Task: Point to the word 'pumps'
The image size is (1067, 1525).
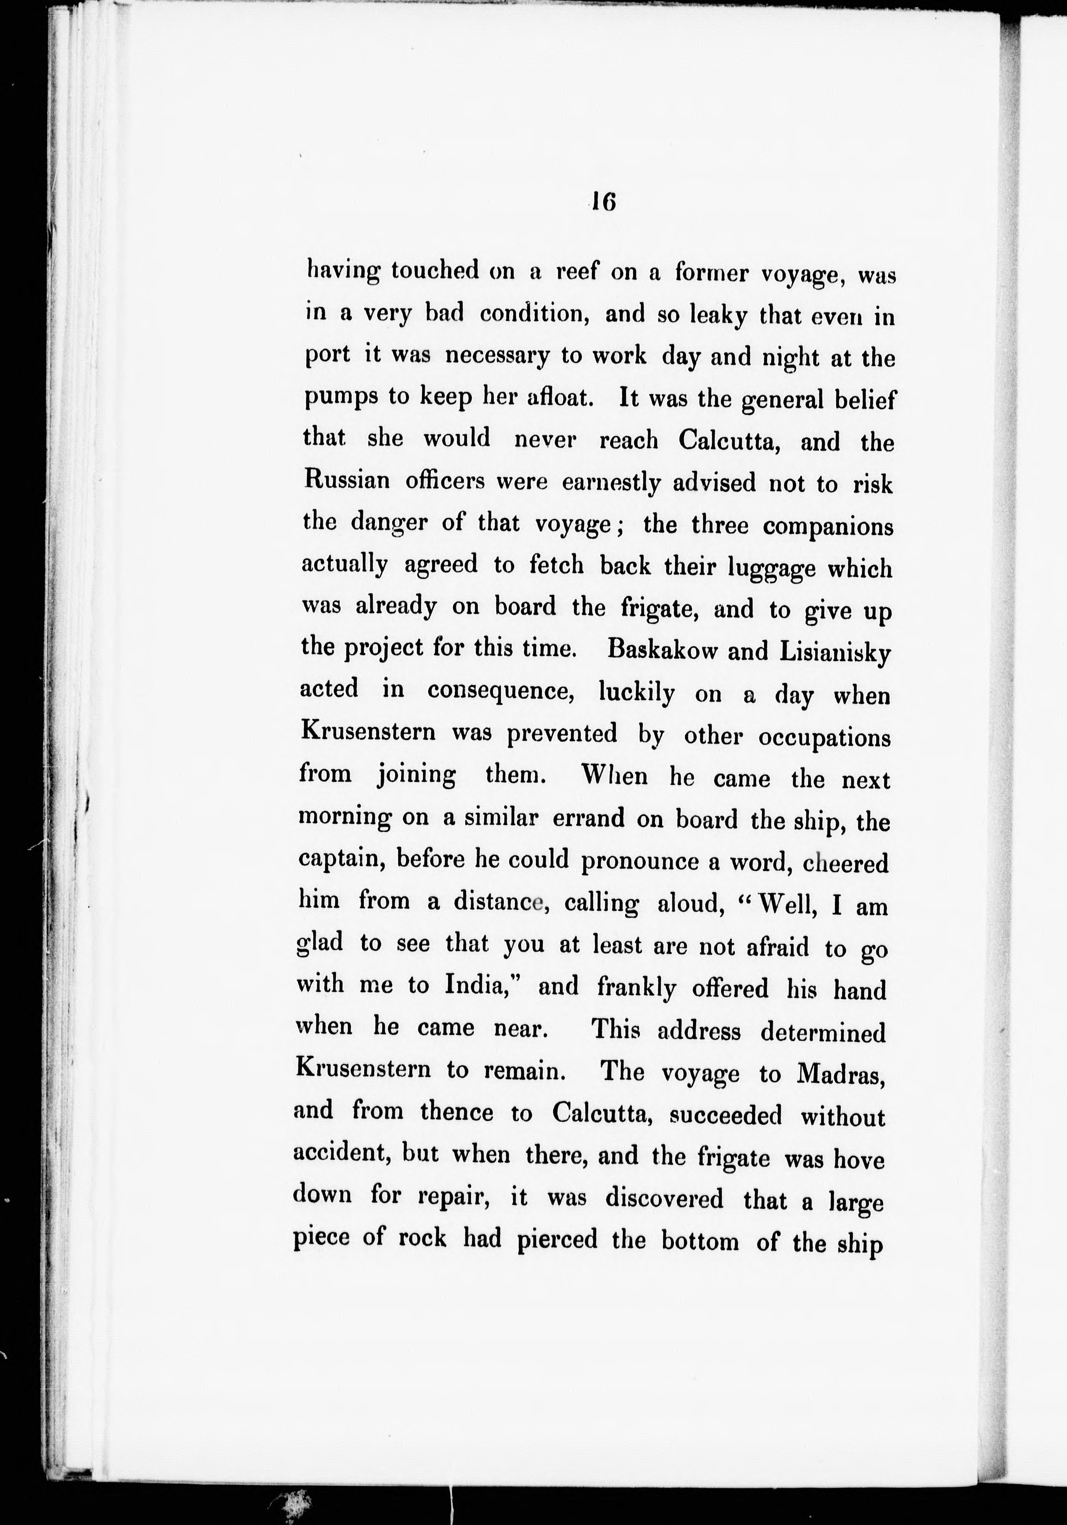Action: [x=342, y=398]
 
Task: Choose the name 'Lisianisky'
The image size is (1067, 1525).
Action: [x=834, y=652]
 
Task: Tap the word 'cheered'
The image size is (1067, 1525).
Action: [x=845, y=863]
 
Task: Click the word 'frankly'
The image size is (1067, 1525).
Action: [x=636, y=988]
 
